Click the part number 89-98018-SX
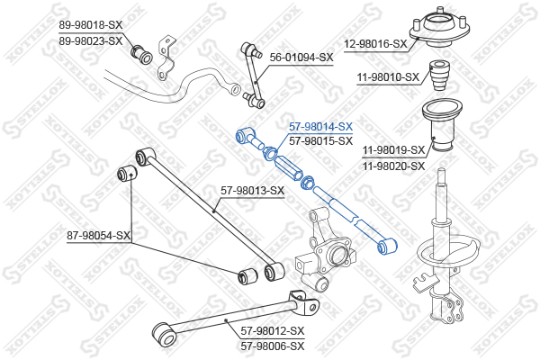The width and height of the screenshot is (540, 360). pos(91,25)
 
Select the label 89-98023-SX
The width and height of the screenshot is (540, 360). pos(91,41)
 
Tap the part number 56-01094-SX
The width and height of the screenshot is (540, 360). pos(301,58)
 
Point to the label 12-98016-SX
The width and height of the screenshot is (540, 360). pos(375,44)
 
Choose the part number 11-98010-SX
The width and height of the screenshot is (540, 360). pos(388,77)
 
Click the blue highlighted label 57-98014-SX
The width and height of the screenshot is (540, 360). pos(320,127)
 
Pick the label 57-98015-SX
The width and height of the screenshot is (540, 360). pos(320,141)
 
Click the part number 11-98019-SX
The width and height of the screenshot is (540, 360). pos(393,150)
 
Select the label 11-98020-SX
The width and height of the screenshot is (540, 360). pos(393,166)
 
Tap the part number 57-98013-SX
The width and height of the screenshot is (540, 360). pos(252,191)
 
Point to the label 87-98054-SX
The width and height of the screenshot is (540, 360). pos(99,236)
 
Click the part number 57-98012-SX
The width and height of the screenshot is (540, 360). pos(273,331)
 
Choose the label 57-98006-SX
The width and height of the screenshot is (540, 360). pos(273,346)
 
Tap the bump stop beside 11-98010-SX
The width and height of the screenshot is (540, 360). pos(439,76)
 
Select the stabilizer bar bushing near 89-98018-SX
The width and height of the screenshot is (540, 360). pos(141,54)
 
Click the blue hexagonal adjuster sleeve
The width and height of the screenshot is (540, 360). pos(289,168)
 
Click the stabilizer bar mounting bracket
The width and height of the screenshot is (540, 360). pos(166,58)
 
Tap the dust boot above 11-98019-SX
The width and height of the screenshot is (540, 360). pos(442,126)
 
